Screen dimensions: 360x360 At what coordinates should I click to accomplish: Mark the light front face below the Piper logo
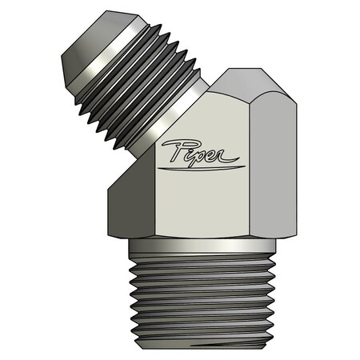[x=192, y=208]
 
